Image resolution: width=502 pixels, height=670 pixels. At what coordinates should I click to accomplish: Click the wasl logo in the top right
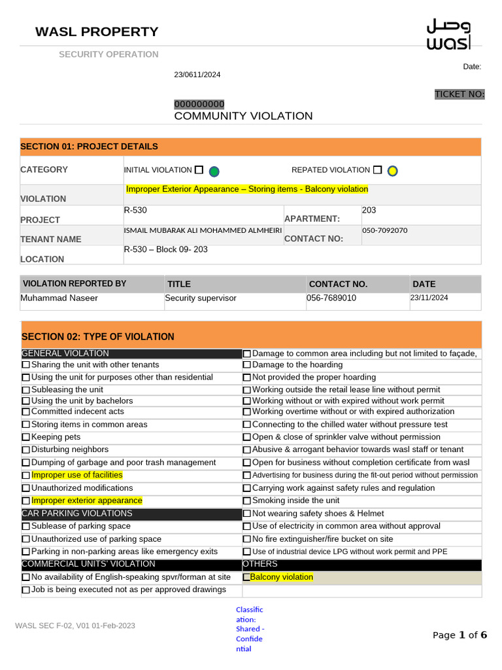tap(448, 35)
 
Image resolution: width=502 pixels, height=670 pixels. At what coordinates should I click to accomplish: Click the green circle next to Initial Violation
tap(214, 171)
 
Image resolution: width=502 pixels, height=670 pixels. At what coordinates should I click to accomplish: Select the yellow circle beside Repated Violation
tap(392, 171)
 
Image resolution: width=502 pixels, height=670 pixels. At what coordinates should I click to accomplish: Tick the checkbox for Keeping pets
tap(26, 437)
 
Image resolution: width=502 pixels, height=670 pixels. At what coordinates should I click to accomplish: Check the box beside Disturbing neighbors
tap(26, 450)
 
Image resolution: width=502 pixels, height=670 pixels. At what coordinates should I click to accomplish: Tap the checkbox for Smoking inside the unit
tap(247, 501)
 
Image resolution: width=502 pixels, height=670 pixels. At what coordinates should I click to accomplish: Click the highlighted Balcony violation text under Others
tap(282, 577)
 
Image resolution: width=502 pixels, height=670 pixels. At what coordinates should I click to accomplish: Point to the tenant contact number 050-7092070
tap(384, 231)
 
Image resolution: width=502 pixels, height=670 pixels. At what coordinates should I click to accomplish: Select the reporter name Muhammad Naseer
tap(59, 298)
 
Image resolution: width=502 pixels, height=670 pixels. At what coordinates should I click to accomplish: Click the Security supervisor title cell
tap(201, 298)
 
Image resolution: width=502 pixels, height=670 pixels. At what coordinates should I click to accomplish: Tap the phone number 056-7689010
tap(331, 298)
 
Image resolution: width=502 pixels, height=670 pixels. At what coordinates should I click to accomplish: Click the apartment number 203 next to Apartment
tap(369, 211)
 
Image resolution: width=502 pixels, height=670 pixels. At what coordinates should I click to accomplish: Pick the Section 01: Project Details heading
tap(90, 147)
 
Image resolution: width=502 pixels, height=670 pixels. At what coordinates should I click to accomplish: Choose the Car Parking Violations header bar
tap(131, 514)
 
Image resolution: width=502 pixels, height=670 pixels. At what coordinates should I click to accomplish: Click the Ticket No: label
tap(460, 94)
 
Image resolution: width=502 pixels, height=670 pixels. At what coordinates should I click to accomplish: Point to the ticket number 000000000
tap(199, 104)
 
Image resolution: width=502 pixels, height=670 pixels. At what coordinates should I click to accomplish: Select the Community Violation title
tap(243, 116)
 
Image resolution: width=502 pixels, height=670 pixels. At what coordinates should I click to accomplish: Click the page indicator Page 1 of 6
tap(460, 635)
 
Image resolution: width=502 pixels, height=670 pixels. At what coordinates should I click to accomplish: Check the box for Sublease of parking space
tap(26, 527)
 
